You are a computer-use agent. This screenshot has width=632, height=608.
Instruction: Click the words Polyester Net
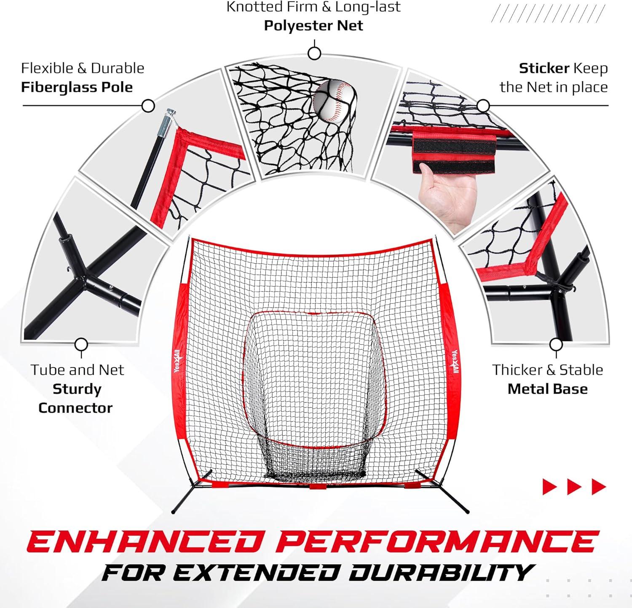313,25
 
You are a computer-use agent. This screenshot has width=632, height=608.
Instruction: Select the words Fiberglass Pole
77,87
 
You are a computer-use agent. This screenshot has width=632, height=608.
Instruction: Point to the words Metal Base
547,388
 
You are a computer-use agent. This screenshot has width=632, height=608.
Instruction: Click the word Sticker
544,68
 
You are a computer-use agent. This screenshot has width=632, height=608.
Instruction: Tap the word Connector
75,408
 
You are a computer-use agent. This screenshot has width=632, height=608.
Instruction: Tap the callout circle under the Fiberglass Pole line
148,106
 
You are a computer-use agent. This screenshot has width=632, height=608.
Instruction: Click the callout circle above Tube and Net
81,345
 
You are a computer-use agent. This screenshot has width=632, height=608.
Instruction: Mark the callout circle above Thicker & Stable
557,345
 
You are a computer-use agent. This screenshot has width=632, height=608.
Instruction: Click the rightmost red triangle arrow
599,487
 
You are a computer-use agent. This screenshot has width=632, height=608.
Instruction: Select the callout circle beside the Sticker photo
483,106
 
